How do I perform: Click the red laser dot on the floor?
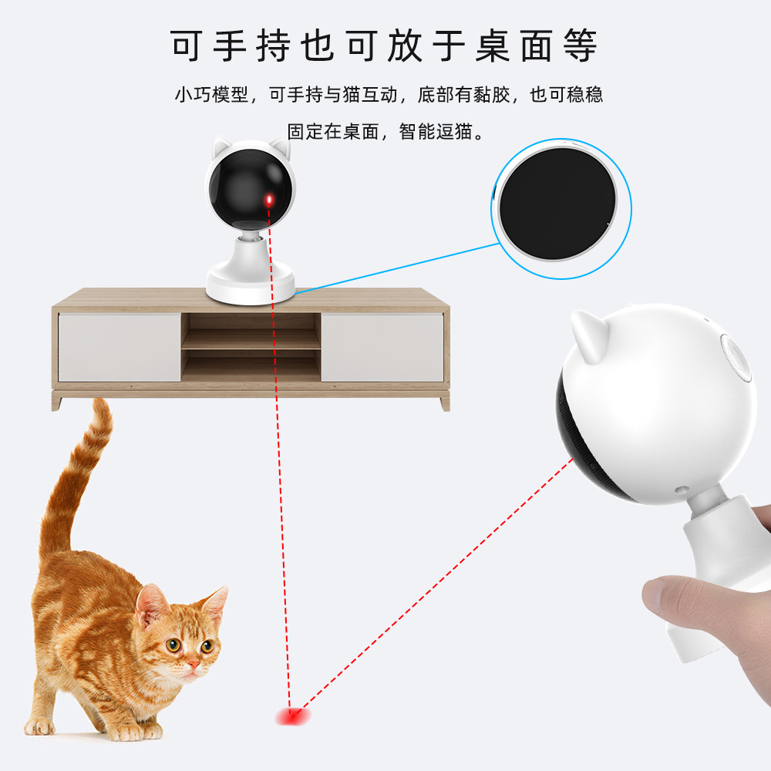[294, 717]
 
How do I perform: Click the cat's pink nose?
[193, 662]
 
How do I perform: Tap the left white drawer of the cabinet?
[120, 346]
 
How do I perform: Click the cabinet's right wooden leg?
[443, 402]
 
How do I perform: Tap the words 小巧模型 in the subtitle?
[211, 95]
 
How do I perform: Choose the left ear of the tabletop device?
[222, 146]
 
